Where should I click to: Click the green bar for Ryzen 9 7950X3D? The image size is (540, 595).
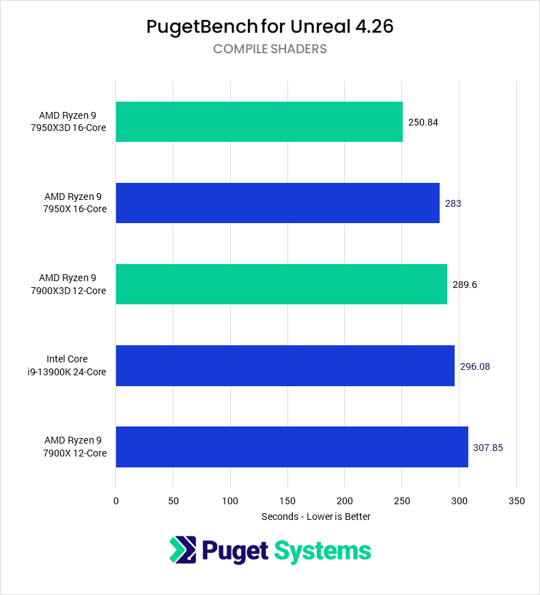coord(259,121)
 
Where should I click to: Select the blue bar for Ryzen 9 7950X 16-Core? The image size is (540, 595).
coord(278,203)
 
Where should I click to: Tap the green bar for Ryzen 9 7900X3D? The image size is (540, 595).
coord(281,284)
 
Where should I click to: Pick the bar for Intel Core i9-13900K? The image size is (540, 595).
coord(285,366)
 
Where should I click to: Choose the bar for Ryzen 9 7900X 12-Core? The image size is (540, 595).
coord(292,447)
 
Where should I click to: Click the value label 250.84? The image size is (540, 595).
coord(423,122)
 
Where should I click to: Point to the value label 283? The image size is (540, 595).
coord(453,203)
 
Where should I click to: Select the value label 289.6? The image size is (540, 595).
coord(464,285)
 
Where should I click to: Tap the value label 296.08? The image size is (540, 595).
coord(474,366)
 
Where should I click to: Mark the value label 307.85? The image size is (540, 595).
coord(488,448)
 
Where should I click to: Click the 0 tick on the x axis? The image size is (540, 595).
coord(116,502)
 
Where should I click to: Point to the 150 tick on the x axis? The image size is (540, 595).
coord(287,502)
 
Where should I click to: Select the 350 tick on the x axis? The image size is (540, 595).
coord(517,502)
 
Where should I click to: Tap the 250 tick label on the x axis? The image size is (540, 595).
coord(402,502)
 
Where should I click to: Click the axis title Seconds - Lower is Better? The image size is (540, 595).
coord(316,517)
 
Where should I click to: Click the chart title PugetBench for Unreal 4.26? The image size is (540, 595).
coord(270,27)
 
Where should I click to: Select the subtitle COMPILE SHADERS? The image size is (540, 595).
coord(270,49)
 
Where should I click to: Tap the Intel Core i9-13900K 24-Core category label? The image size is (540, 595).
coord(76,366)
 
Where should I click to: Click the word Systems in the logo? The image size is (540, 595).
coord(322,551)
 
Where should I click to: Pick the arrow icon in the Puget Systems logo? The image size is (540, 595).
coord(182,551)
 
